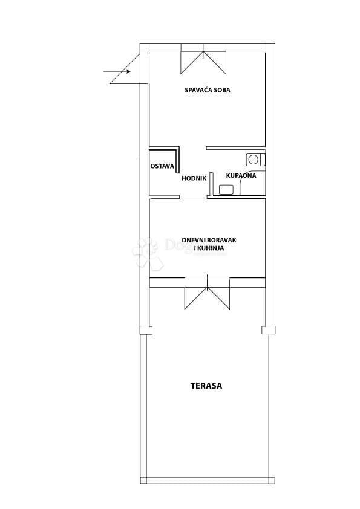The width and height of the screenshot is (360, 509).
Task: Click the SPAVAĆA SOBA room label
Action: coord(208,91)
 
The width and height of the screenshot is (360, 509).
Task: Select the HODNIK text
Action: coord(194,178)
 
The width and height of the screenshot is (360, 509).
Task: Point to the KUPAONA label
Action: coord(241,175)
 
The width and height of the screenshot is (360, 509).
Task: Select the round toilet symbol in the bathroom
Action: coord(254,160)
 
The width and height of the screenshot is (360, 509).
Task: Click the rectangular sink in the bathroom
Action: coord(226,189)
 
